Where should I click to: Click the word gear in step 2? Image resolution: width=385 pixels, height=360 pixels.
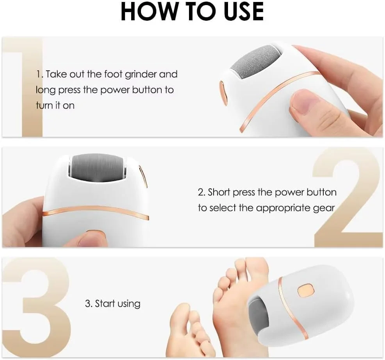coord(324,208)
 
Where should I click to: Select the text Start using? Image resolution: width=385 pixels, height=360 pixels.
coord(112,304)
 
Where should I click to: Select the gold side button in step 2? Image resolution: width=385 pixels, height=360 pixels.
coord(144,176)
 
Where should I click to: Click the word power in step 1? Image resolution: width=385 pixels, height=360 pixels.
coord(115,90)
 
